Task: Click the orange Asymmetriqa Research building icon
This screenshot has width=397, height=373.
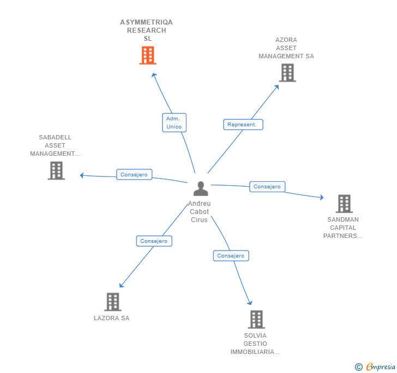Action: point(148,56)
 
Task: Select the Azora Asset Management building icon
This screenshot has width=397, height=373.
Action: point(287,72)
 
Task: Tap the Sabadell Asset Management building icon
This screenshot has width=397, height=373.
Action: point(56,170)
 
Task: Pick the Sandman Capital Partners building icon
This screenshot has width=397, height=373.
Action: point(344,204)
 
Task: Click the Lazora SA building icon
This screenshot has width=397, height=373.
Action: point(112,302)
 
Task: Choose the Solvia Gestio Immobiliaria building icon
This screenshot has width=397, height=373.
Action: point(256,319)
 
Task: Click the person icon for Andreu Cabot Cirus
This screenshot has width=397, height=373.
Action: point(201,189)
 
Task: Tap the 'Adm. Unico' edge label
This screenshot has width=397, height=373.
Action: point(174,123)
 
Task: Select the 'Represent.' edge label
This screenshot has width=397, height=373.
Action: point(243,125)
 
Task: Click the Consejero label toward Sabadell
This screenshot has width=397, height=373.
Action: point(134,175)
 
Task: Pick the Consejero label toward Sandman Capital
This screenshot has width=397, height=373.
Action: point(267,187)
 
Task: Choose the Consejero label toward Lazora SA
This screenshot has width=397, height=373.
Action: point(154,241)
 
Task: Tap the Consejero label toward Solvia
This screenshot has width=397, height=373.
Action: point(231,256)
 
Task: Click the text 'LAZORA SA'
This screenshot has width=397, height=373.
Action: point(111,319)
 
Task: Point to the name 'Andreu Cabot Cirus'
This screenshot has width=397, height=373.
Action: point(199,212)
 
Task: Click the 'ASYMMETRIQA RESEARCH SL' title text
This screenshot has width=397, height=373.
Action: point(147,30)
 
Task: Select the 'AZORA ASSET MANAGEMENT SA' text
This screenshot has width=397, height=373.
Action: point(286,48)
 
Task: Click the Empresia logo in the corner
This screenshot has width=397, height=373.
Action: point(376,367)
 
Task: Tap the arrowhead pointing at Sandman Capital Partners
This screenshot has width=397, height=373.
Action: point(322,198)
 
